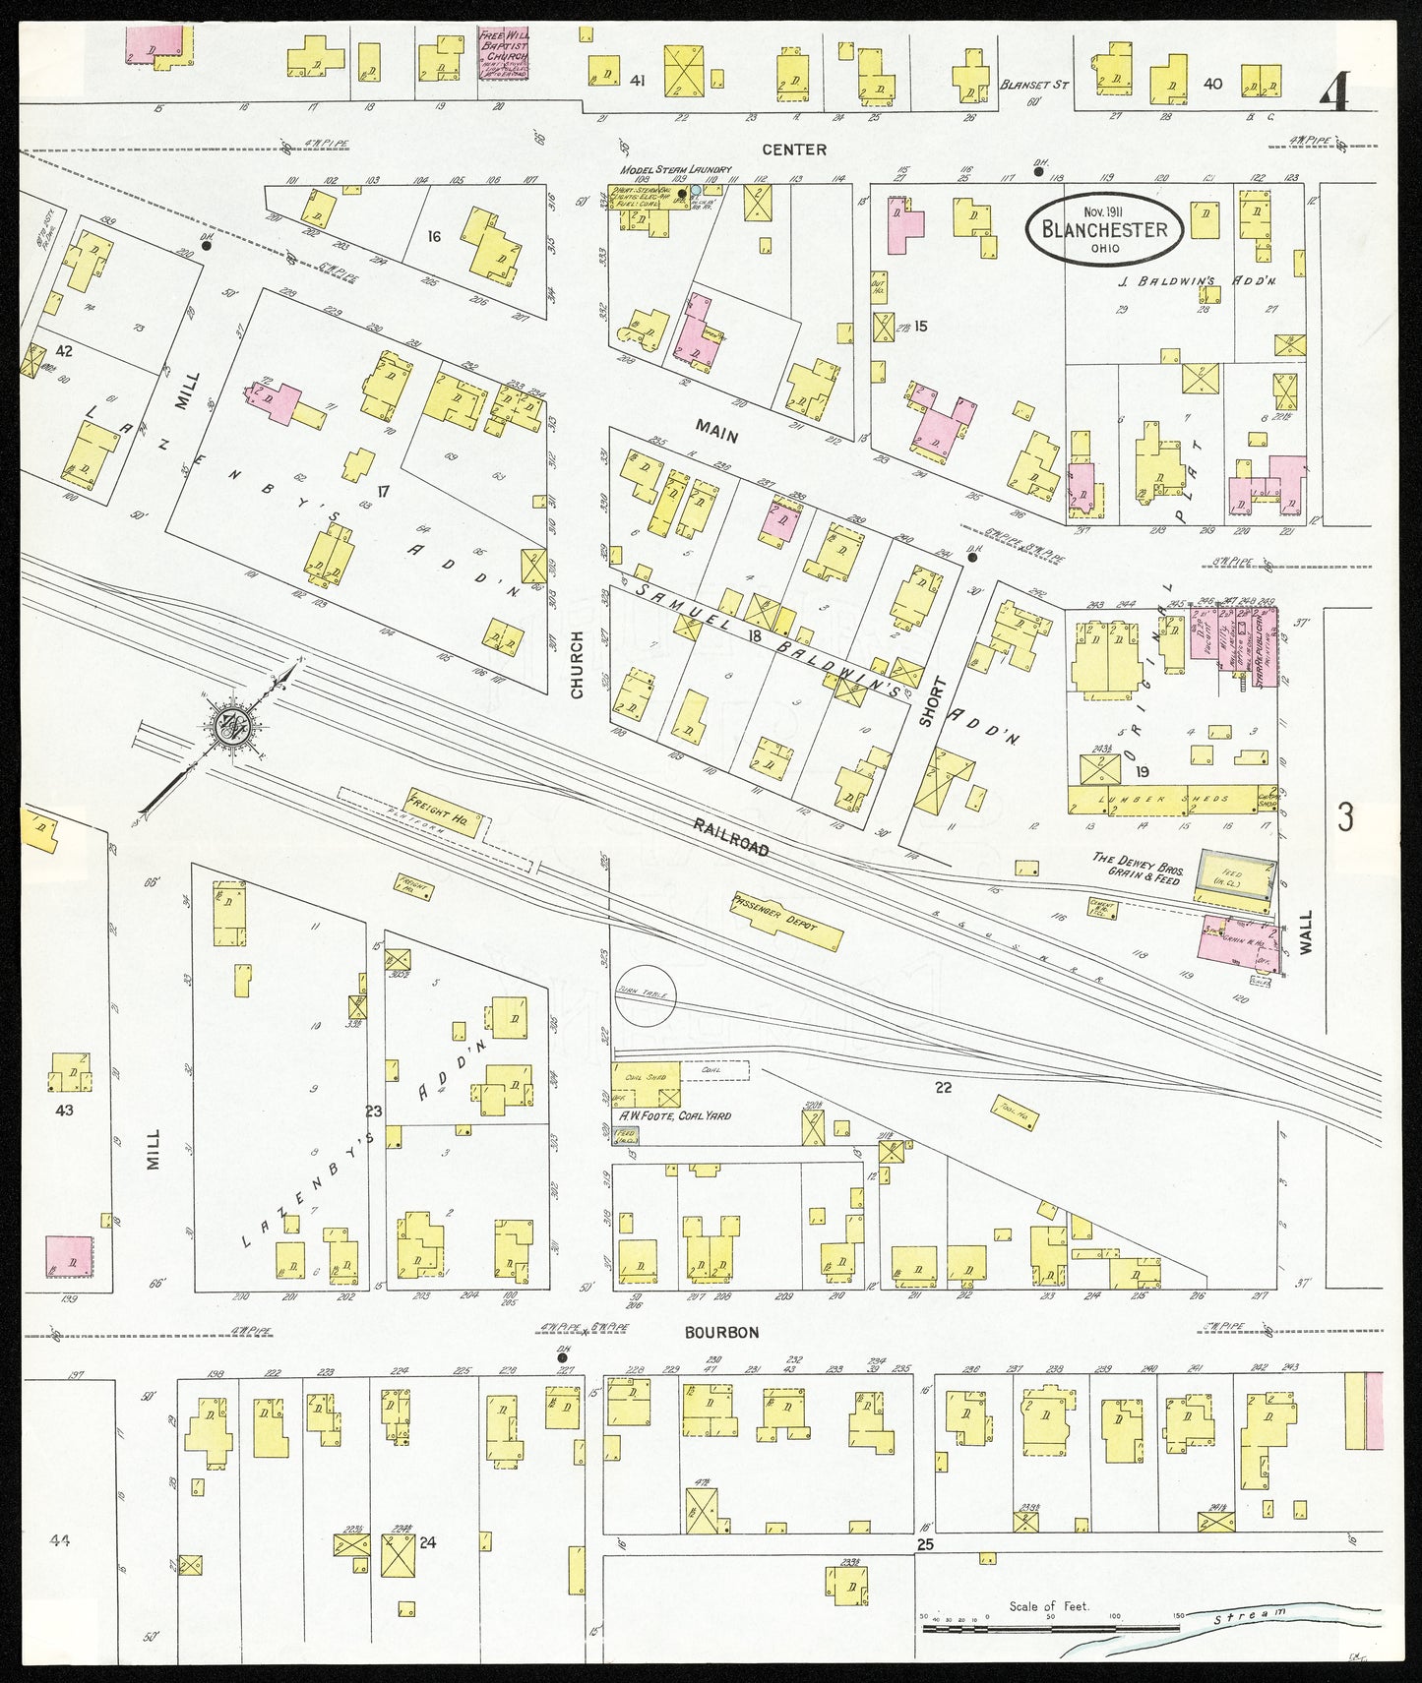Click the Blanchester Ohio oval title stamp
point(1104,229)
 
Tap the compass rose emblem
point(234,727)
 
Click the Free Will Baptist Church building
point(504,53)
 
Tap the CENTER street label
point(794,150)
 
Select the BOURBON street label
point(722,1332)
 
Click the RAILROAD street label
point(730,837)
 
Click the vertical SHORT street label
point(926,702)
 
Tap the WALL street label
point(1306,932)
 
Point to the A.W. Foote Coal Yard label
point(674,1115)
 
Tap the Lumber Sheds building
point(1171,799)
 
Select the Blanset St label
point(1033,85)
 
